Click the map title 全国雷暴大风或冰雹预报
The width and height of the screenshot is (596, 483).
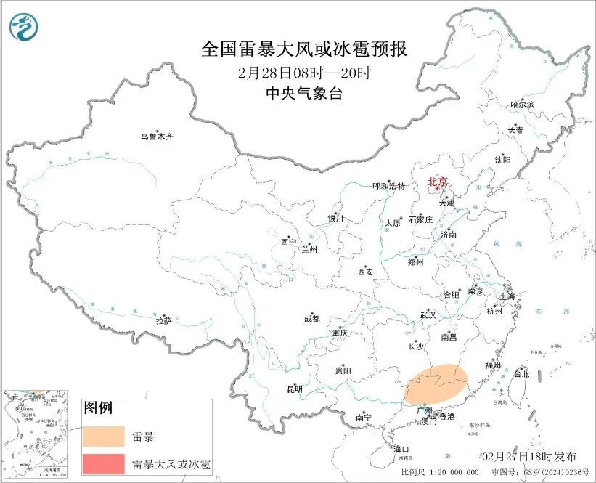[303, 49]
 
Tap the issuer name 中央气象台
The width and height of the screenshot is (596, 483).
[303, 93]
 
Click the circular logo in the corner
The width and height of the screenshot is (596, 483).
[24, 28]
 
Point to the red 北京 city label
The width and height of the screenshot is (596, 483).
[438, 182]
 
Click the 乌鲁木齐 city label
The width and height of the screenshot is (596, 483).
[158, 137]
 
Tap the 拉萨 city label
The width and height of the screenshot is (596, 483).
[163, 320]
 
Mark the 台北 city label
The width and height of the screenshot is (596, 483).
[521, 375]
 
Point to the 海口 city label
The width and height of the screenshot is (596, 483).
[400, 449]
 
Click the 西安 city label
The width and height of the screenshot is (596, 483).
[364, 272]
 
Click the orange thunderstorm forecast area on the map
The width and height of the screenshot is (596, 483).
[434, 383]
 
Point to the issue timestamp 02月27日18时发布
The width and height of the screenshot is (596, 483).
[530, 456]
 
